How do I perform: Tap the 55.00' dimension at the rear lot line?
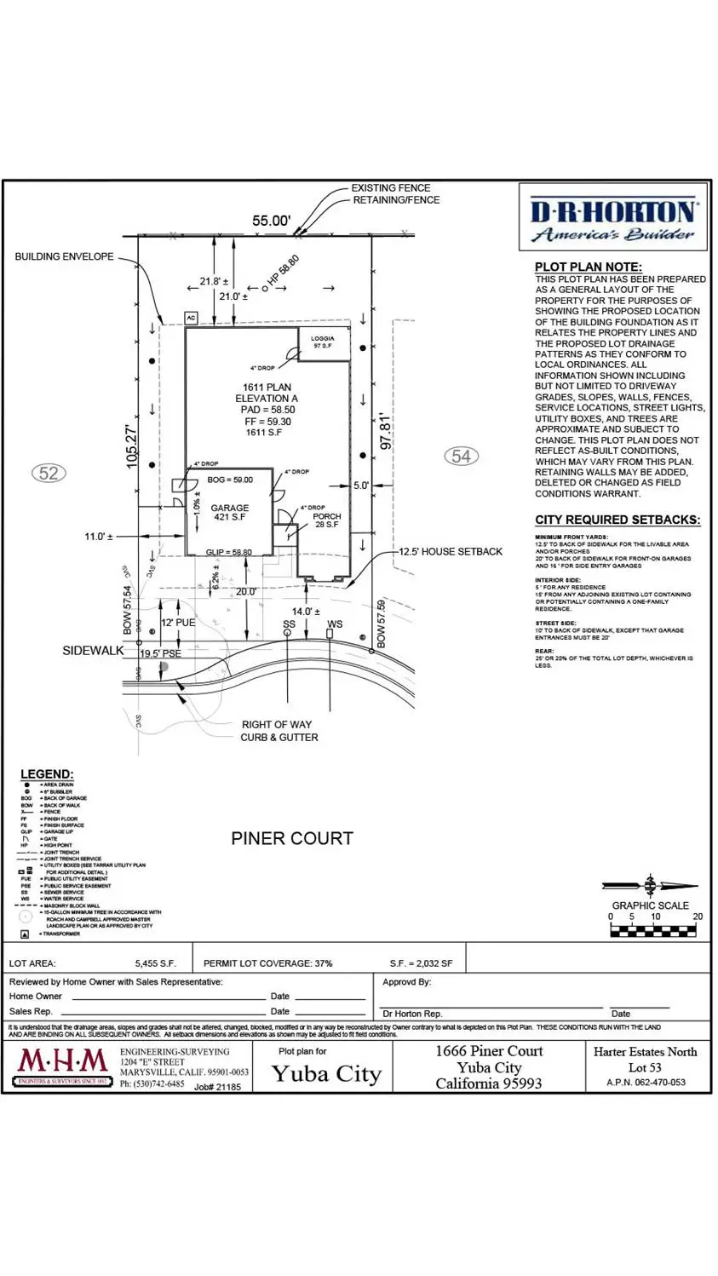(271, 221)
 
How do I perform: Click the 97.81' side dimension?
(387, 432)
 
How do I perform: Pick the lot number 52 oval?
(49, 473)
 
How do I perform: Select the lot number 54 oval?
(461, 457)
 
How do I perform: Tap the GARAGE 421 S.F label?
(229, 513)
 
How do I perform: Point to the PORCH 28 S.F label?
(326, 520)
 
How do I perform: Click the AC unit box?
(192, 318)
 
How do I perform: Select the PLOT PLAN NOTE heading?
(588, 267)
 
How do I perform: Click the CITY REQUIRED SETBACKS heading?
(617, 520)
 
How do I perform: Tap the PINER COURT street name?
(291, 838)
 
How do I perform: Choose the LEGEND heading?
(47, 774)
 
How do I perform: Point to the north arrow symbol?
(650, 886)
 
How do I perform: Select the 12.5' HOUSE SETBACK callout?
(451, 551)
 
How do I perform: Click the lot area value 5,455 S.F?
(155, 963)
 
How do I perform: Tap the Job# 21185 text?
(217, 1087)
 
